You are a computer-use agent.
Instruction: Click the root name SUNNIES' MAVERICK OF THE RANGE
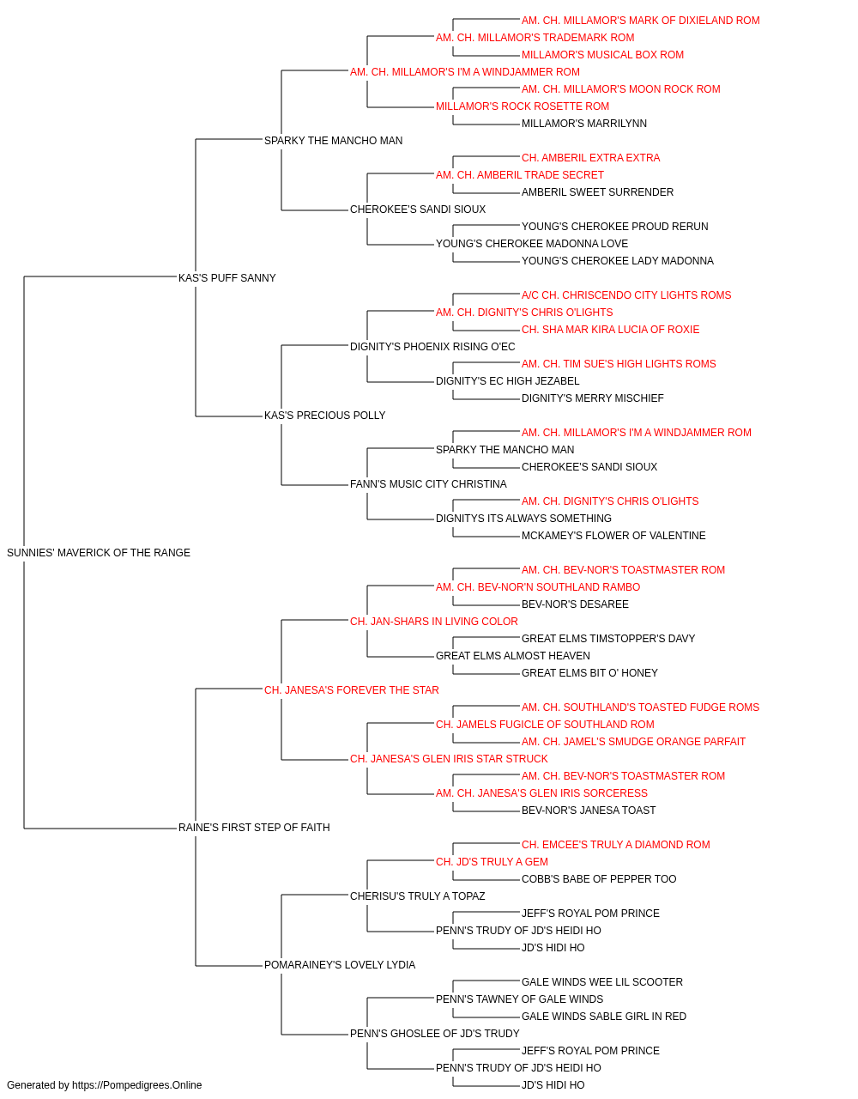(99, 552)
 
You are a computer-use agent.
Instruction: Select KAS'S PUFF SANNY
(227, 277)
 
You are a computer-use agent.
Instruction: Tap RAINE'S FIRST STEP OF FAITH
(254, 827)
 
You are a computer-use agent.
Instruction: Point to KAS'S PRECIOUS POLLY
(324, 416)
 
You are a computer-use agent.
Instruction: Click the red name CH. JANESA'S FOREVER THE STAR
(351, 689)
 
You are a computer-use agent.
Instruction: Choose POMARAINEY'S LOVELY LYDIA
(340, 964)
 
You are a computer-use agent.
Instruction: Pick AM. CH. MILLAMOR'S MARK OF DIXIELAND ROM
(640, 21)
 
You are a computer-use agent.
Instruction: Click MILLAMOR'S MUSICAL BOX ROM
(602, 55)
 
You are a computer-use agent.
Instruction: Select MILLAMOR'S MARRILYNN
(583, 124)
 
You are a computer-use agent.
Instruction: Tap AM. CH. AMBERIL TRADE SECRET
(519, 175)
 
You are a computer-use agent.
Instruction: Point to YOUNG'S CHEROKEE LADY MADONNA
(618, 260)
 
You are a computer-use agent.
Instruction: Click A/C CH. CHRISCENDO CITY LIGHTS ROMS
(626, 294)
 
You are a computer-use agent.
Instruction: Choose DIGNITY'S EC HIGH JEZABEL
(507, 381)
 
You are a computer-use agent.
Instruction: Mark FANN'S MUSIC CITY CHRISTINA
(428, 484)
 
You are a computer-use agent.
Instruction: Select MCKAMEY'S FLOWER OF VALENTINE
(613, 535)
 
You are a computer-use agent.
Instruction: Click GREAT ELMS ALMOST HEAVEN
(513, 655)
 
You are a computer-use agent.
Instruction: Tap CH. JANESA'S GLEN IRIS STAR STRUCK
(449, 759)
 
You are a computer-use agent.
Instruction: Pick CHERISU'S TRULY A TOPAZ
(417, 896)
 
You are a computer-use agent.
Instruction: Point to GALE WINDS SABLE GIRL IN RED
(604, 1016)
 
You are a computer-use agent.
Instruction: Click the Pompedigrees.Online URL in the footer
(136, 1085)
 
